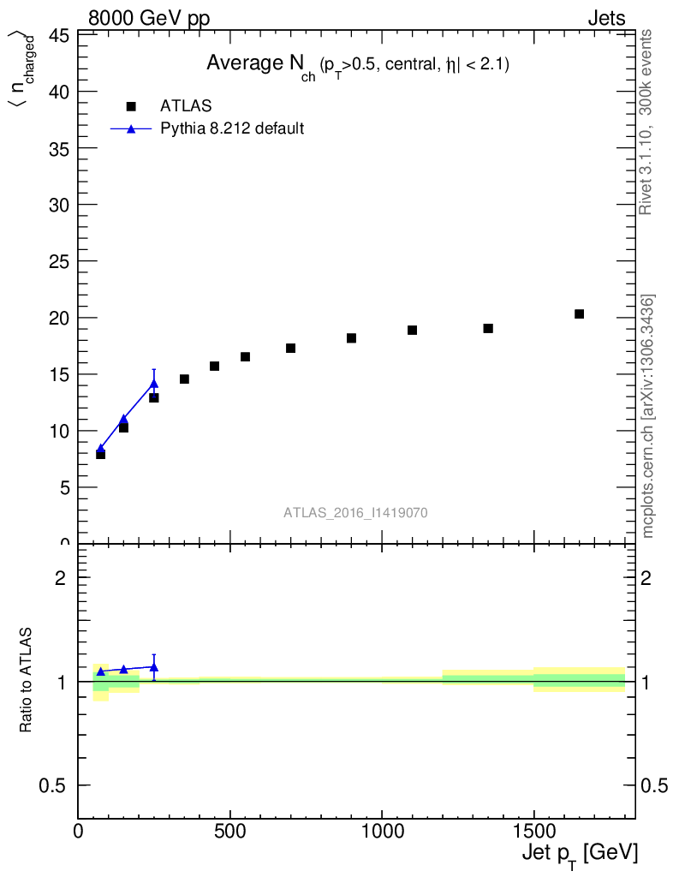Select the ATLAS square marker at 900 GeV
351,338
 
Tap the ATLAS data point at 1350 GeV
488,328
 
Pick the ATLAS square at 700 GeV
290,348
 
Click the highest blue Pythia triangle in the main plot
154,384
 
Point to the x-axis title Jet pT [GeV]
580,854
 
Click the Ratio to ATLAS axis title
27,680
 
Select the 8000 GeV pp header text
149,18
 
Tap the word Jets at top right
606,18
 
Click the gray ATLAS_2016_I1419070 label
355,513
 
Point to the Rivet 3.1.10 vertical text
646,122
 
